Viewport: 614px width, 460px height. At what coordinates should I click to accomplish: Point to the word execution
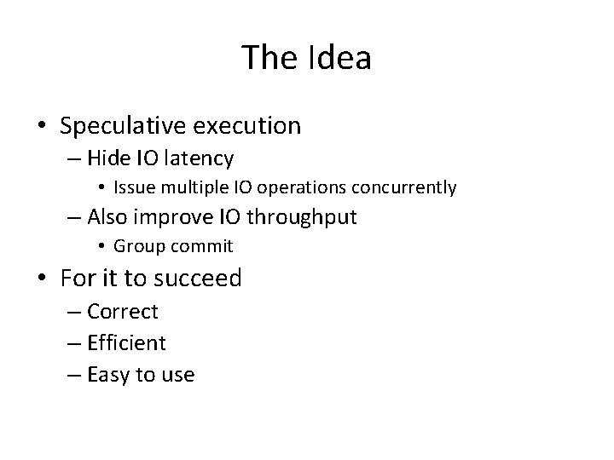(x=248, y=126)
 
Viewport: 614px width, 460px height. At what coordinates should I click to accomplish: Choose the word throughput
(x=301, y=217)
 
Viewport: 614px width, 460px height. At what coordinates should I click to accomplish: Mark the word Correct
(x=123, y=312)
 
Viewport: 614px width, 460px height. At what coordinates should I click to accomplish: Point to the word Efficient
(x=127, y=342)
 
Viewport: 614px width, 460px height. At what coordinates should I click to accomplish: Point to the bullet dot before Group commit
(x=101, y=247)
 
